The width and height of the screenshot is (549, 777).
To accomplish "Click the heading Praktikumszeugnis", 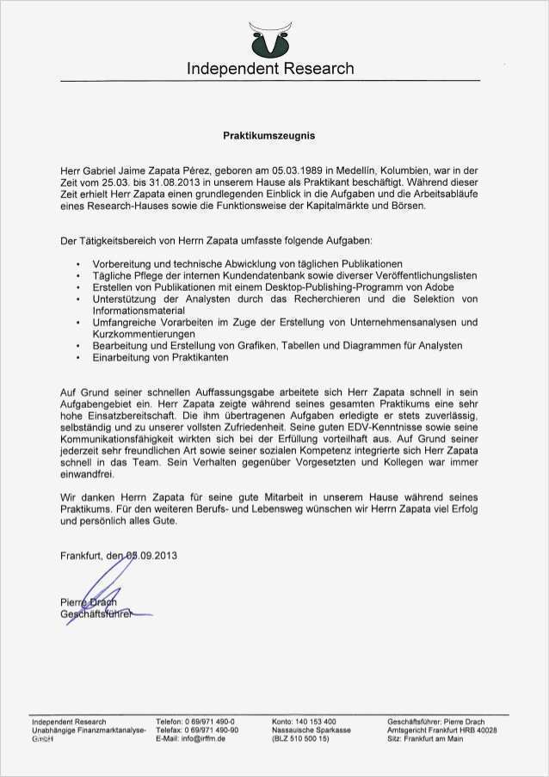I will click(269, 136).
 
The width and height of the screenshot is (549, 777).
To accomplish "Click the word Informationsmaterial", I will click(139, 310).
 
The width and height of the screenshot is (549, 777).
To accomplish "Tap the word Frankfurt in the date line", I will click(82, 556).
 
